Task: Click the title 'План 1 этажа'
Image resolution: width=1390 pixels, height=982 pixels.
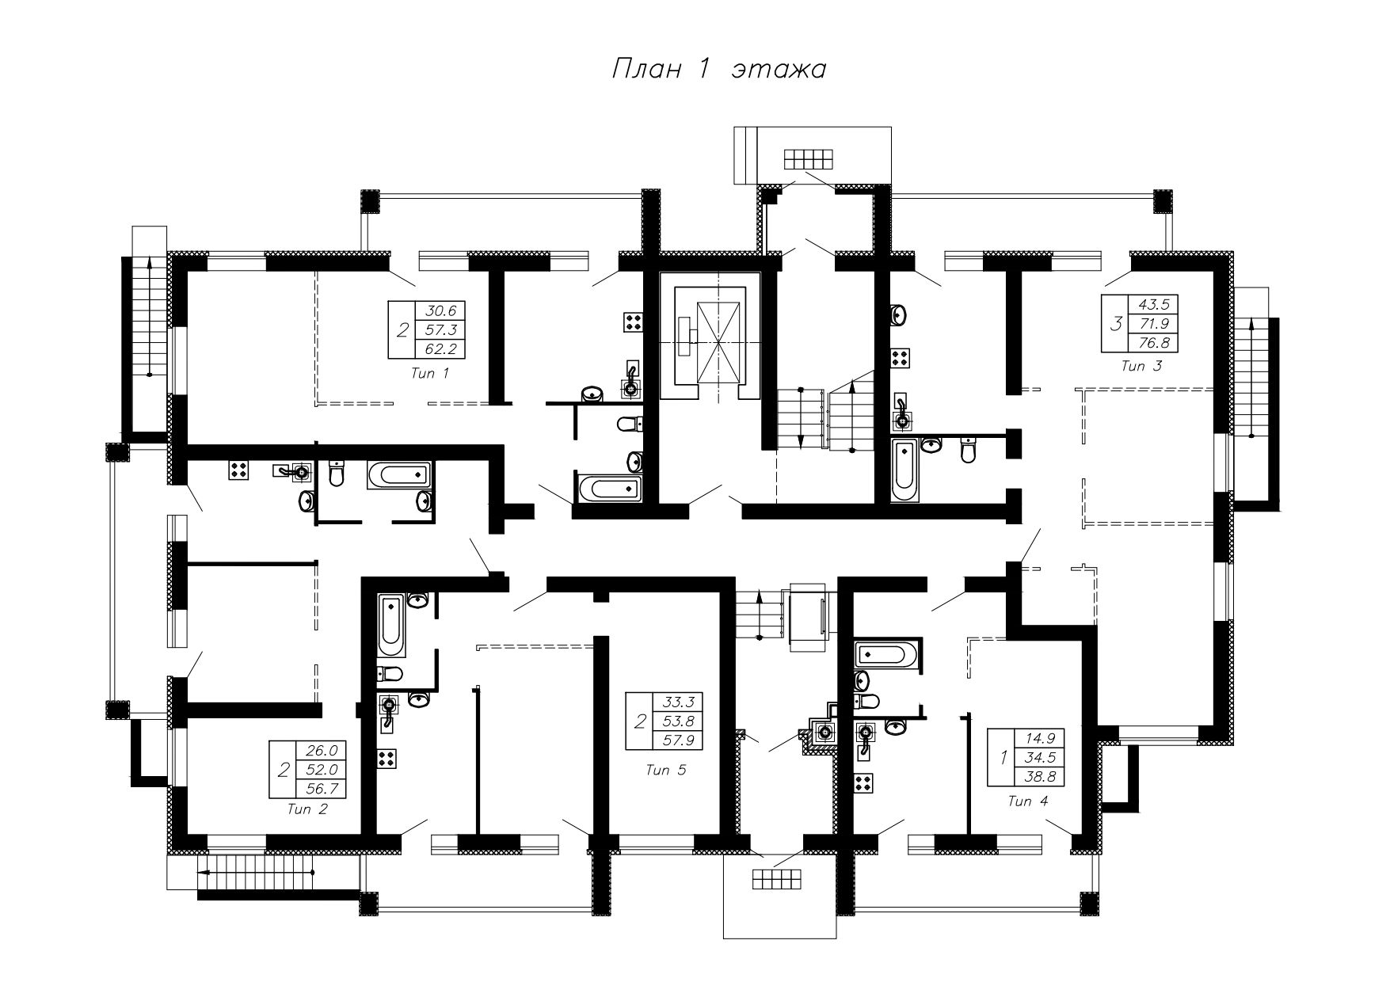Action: click(x=718, y=70)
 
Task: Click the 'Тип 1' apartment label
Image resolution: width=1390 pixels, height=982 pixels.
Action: click(x=430, y=374)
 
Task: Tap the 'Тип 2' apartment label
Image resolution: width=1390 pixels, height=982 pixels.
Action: click(x=307, y=809)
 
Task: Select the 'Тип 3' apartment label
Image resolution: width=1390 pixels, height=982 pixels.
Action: click(x=1142, y=366)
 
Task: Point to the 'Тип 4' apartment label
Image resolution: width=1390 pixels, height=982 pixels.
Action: click(x=1027, y=801)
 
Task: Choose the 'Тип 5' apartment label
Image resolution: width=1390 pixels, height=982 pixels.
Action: click(x=666, y=770)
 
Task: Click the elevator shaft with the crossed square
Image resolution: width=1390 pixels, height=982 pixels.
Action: click(x=709, y=343)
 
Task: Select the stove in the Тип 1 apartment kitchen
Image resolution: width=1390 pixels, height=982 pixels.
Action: click(x=633, y=321)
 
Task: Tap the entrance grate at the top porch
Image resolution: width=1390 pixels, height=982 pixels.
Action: click(x=809, y=159)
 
